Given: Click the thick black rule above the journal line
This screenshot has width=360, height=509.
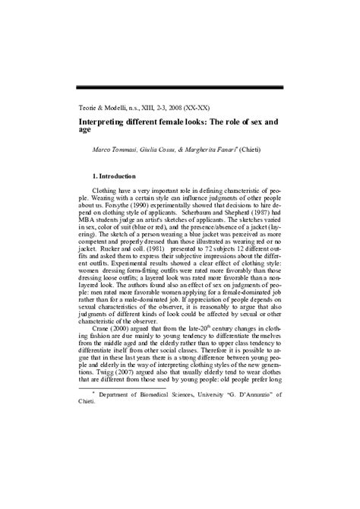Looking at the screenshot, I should tap(180, 87).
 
